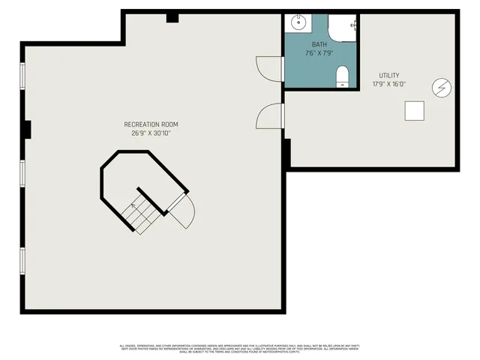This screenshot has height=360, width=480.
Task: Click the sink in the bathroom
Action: tap(299, 22)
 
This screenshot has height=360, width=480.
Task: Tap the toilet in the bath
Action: tap(343, 76)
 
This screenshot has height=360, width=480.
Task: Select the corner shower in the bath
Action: tap(344, 27)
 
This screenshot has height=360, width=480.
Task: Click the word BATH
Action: tap(320, 45)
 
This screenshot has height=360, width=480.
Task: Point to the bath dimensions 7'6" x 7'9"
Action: tap(320, 54)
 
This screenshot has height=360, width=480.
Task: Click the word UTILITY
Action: tap(389, 75)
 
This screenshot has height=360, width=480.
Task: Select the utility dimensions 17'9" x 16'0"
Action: tap(389, 84)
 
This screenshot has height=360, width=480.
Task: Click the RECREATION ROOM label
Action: tap(151, 124)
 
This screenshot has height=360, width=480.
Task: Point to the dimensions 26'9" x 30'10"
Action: tap(151, 133)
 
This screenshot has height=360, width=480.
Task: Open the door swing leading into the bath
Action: tap(267, 69)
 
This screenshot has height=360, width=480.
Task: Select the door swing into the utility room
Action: tap(268, 116)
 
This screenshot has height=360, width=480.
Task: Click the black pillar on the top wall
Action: tap(172, 18)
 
